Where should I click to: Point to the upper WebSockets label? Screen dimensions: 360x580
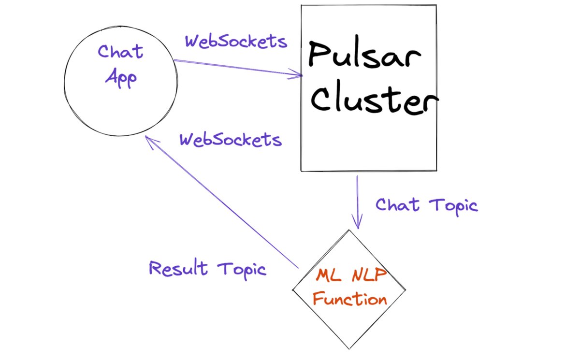click(x=236, y=42)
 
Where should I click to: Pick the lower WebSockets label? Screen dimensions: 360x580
click(x=230, y=140)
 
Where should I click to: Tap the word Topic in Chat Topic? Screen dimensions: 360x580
click(x=453, y=205)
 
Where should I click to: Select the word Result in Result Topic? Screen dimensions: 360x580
click(x=178, y=268)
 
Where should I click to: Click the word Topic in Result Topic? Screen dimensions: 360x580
click(x=242, y=269)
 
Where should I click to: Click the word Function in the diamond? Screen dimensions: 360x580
click(x=349, y=299)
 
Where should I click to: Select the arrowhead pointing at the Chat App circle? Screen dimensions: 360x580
click(x=148, y=139)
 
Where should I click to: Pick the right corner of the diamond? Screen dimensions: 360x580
click(x=405, y=290)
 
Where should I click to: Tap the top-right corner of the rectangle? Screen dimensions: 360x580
click(x=436, y=6)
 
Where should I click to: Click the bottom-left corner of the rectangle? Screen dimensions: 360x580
click(x=302, y=171)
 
